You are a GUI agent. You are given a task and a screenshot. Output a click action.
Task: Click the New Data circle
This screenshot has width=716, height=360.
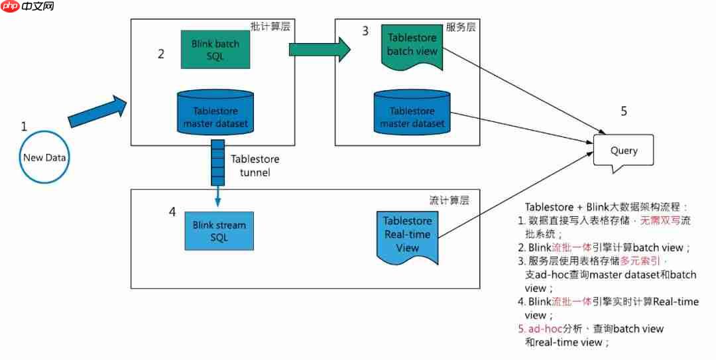coord(43,158)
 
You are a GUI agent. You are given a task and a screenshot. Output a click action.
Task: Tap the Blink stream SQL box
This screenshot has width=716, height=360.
coord(219,231)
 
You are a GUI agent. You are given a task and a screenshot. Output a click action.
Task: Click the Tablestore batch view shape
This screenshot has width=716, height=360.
coord(410,45)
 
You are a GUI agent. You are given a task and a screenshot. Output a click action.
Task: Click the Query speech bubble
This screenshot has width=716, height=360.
coord(623,151)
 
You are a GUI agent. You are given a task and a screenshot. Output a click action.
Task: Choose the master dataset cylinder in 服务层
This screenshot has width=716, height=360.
coord(412,116)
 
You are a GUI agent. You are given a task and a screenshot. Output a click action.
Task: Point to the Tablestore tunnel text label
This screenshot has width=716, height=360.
coord(255,166)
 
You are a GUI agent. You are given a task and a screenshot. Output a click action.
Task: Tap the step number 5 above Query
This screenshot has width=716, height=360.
coord(624,111)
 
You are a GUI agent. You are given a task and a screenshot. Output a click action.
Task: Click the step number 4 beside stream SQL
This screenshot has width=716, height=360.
coord(172,212)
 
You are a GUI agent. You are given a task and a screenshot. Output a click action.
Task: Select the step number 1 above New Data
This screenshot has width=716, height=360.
coord(25,126)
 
